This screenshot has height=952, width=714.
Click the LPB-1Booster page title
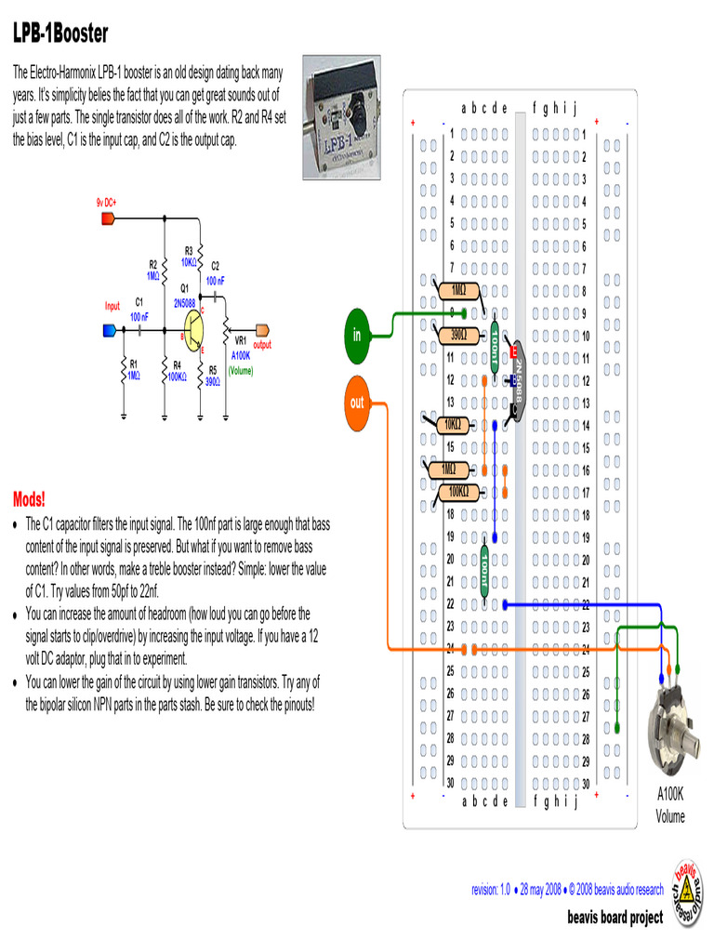pos(60,34)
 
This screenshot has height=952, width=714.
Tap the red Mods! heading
pos(29,497)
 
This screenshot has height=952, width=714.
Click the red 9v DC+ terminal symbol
pos(107,219)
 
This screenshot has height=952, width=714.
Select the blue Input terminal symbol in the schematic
pos(110,329)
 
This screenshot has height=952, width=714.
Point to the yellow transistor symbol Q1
pos(193,329)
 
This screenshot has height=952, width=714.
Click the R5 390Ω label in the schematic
pos(213,375)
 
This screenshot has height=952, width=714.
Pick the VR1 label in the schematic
pos(240,340)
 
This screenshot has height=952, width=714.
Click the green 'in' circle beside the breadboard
pos(357,335)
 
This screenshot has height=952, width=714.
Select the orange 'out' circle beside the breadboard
pos(357,403)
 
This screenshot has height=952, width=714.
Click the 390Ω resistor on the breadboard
pos(459,335)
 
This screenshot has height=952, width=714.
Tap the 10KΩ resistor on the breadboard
pos(453,425)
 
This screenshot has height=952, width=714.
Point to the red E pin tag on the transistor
pos(512,352)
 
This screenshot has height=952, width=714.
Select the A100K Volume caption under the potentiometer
pos(670,806)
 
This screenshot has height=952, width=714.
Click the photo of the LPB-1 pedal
pos(343,116)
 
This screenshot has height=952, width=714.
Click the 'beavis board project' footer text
pos(615,918)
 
